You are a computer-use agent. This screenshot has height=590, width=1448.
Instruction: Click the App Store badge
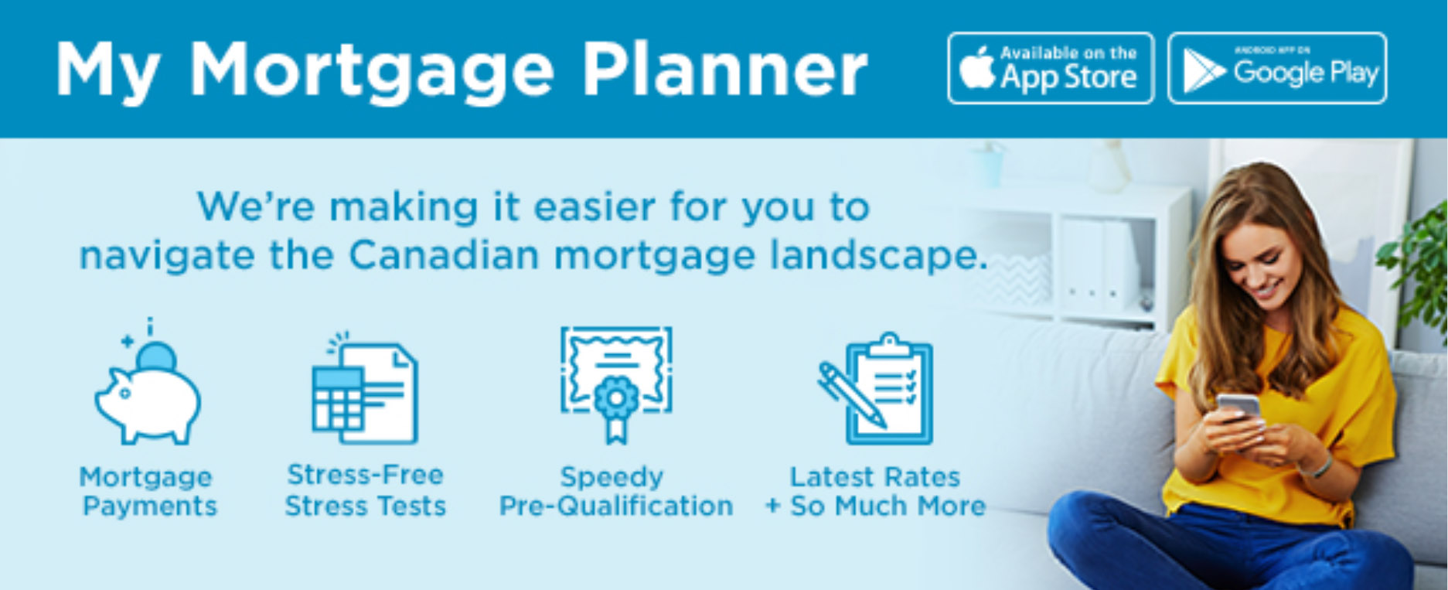click(1051, 68)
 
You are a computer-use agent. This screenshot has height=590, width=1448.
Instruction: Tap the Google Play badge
click(1277, 68)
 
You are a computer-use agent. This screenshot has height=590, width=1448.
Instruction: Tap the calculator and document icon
click(364, 390)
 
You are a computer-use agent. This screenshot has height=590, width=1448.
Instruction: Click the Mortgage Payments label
click(148, 491)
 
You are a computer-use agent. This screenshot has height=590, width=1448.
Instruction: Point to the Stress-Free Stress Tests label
click(366, 489)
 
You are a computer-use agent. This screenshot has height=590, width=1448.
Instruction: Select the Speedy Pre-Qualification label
click(616, 491)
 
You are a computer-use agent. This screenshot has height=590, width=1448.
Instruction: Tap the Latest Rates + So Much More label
click(875, 491)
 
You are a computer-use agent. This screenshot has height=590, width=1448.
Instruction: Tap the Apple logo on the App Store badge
click(977, 68)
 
